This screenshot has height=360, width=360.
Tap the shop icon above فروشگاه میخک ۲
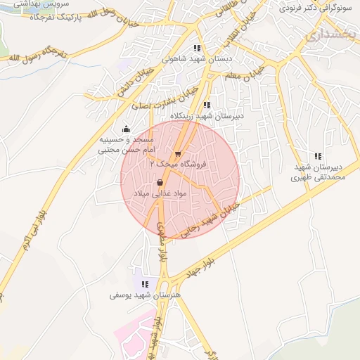[178, 153]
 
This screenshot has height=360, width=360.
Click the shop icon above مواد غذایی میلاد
[152, 182]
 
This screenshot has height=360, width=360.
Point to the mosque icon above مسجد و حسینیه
[126, 129]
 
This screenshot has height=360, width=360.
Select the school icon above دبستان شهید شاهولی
[197, 49]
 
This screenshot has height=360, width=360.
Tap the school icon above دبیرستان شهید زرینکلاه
[206, 105]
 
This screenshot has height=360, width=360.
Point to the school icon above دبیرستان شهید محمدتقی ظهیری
[319, 156]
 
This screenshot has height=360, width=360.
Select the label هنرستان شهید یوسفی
[145, 295]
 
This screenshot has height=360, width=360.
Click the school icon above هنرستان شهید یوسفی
[145, 284]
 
